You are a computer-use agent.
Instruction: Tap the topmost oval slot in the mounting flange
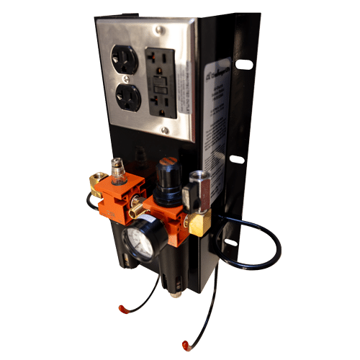pyautogui.click(x=244, y=64)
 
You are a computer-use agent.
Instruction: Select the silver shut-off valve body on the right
pyautogui.click(x=197, y=189)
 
